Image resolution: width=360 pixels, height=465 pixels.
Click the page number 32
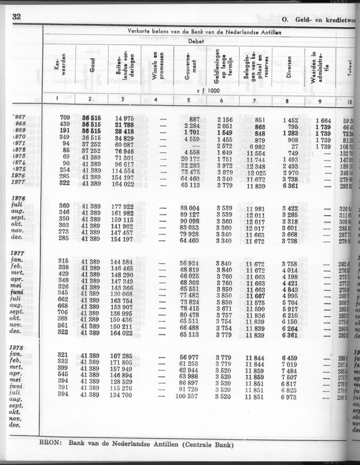click(15, 17)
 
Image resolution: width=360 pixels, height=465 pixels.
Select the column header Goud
click(92, 65)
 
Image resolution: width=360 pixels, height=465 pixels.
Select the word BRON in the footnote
click(50, 445)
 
